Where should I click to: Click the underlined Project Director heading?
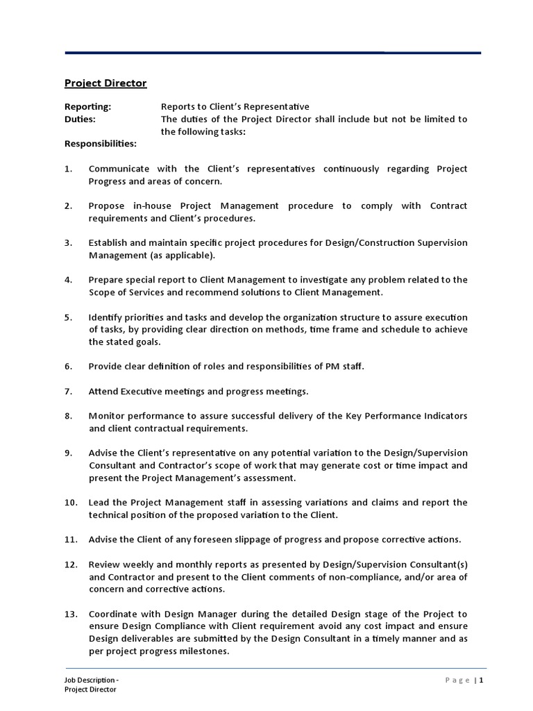[x=105, y=83]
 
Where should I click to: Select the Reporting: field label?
[x=87, y=106]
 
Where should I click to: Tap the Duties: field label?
[x=80, y=119]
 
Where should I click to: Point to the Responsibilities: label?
[x=101, y=144]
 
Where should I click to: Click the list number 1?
[x=68, y=169]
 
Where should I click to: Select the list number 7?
[x=68, y=391]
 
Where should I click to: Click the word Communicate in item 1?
[x=118, y=169]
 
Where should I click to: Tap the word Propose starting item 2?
[x=107, y=206]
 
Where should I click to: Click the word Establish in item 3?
[x=108, y=242]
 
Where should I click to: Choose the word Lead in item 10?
[x=99, y=502]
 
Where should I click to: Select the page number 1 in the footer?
[x=480, y=680]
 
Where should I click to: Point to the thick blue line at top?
[x=273, y=53]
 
